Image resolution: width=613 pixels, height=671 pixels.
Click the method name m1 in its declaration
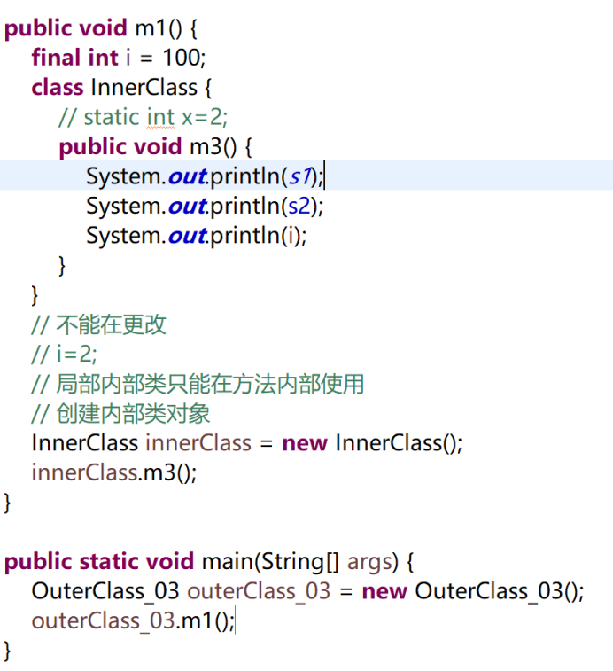click(x=151, y=28)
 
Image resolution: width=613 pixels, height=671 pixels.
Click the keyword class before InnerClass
click(x=58, y=88)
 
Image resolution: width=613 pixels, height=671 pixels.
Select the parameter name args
click(x=370, y=561)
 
